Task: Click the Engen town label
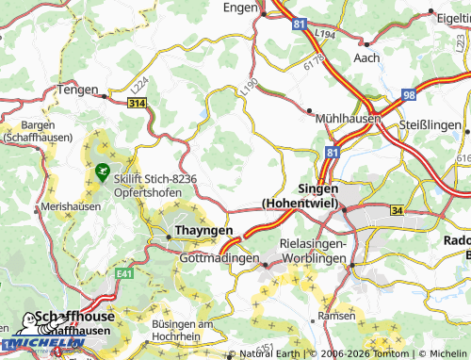pos(241,7)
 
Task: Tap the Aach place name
pos(366,57)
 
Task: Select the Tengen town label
pos(78,90)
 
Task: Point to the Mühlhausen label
pos(345,120)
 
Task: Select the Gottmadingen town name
pos(219,258)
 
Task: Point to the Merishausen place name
pos(71,207)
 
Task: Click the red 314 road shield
pos(137,102)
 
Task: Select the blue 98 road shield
pos(408,94)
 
